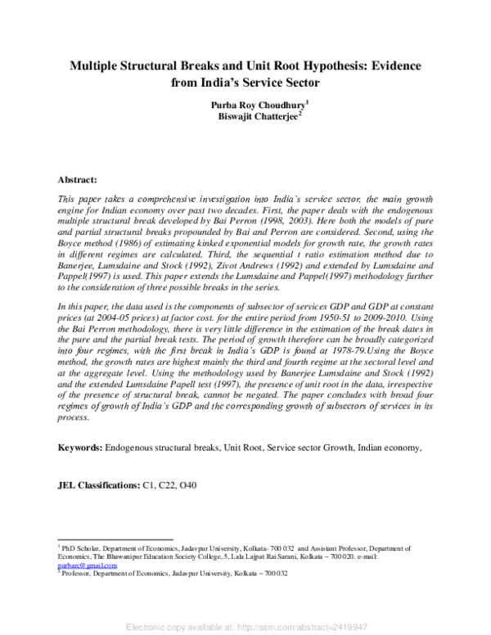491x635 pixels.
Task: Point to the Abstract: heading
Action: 78,178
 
